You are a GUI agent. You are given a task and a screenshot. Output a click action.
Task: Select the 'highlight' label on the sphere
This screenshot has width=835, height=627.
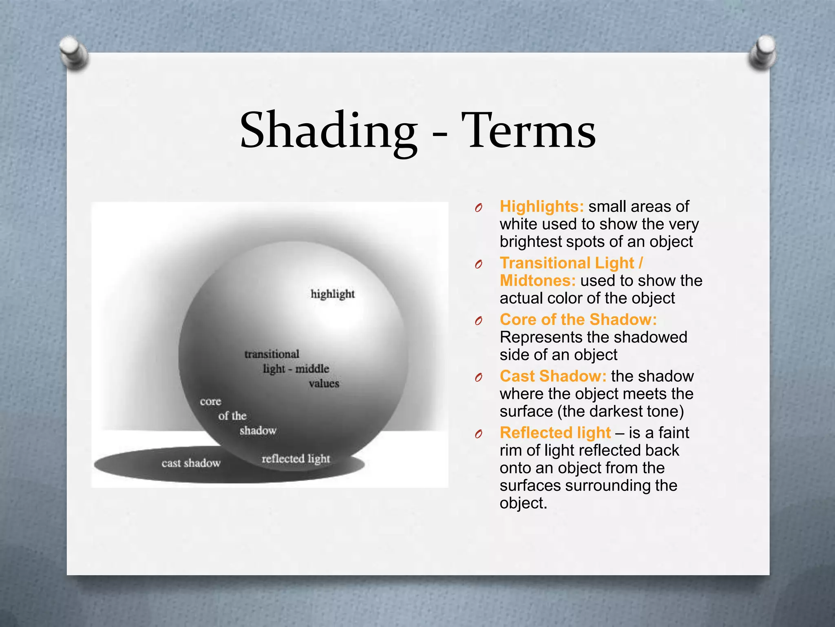point(332,294)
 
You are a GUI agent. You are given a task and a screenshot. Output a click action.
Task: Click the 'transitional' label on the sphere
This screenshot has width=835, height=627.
point(272,354)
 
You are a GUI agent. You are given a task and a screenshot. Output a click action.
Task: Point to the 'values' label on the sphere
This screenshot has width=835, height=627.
point(324,383)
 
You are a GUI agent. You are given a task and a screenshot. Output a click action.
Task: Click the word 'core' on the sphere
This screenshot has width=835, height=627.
point(210,401)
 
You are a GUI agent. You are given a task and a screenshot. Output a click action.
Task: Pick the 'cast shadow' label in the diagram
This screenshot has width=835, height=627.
point(191,463)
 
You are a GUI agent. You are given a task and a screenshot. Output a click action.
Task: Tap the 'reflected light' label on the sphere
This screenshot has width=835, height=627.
point(296,458)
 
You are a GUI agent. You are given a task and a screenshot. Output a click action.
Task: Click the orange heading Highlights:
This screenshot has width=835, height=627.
point(541,207)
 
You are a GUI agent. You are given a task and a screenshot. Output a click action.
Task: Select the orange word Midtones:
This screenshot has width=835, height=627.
point(537,281)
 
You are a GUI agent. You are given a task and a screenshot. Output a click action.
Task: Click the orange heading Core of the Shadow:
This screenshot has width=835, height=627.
point(578,320)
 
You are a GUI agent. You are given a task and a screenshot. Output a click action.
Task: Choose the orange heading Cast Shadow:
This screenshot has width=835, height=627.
point(553,376)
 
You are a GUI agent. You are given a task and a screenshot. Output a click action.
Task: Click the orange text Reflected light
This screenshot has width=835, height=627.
point(555,433)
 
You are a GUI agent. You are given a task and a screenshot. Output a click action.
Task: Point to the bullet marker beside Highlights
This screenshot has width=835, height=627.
point(479,208)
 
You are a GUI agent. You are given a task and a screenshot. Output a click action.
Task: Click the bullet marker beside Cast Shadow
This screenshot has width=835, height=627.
point(479,378)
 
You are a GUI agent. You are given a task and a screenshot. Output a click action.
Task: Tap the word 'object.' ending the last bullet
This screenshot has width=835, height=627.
point(523,503)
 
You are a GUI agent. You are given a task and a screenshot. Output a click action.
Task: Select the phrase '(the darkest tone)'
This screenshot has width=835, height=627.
point(620,411)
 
